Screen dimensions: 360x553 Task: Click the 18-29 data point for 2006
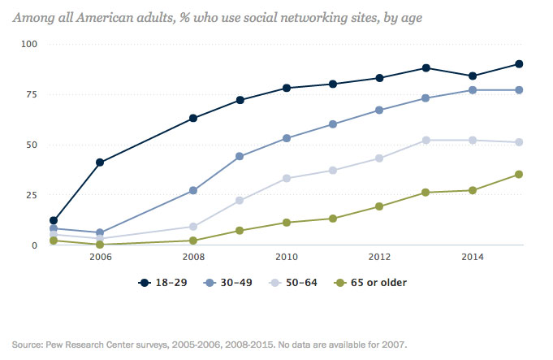point(100,163)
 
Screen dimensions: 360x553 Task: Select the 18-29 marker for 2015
point(519,64)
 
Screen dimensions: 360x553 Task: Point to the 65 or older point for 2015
point(519,174)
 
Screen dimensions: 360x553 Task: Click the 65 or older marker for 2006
point(100,245)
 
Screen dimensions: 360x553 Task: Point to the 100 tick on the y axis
point(28,44)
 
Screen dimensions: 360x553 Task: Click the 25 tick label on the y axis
point(30,195)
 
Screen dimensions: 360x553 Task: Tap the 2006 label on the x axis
point(100,257)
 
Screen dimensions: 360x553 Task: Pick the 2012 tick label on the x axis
point(379,257)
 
